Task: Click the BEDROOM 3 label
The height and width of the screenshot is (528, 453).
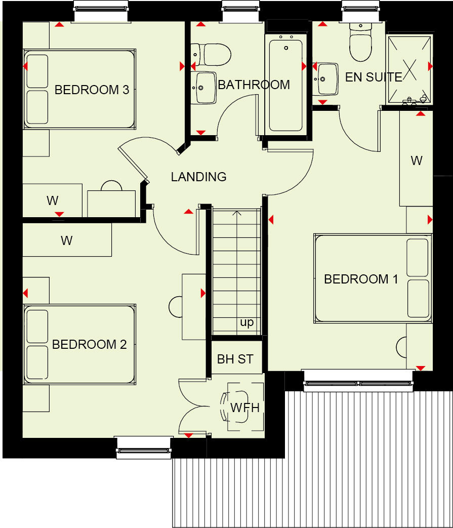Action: [x=92, y=90]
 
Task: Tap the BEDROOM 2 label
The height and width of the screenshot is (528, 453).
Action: [x=90, y=345]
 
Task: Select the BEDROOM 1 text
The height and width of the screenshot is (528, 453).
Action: [x=361, y=279]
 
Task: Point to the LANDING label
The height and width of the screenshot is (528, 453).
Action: [x=198, y=177]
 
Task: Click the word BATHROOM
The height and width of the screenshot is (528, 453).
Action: [x=254, y=85]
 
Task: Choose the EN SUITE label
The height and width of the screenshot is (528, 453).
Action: [x=374, y=77]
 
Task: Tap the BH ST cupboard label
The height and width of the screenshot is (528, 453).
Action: [x=235, y=359]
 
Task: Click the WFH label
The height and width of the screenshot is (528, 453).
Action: [x=245, y=408]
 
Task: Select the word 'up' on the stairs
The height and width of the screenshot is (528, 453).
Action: [x=246, y=322]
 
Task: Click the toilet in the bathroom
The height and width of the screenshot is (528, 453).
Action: [x=212, y=55]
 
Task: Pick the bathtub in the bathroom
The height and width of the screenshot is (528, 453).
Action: [x=286, y=85]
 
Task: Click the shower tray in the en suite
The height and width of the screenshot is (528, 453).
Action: [x=409, y=69]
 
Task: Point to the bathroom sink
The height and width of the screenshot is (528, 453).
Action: [x=204, y=88]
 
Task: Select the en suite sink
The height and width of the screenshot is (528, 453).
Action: [x=326, y=78]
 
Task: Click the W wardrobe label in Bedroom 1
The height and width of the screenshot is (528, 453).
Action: [x=416, y=161]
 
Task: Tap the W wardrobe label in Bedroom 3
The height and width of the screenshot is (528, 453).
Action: [x=53, y=200]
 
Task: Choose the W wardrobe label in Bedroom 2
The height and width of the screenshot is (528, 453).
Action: [x=66, y=240]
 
